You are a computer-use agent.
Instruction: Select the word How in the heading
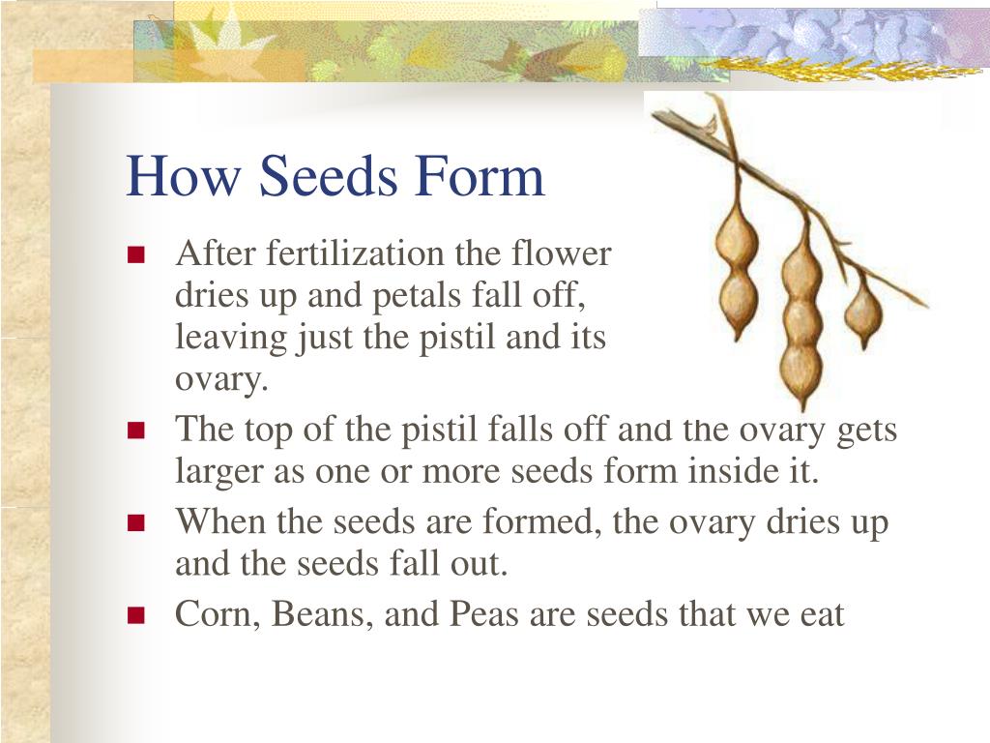pos(183,177)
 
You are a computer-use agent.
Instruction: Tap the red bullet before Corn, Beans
pos(135,615)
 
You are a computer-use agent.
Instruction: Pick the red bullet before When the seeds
pos(135,523)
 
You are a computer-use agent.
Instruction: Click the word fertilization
pos(357,254)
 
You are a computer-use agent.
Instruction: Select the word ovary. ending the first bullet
pos(219,381)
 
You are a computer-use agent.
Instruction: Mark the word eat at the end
pos(820,614)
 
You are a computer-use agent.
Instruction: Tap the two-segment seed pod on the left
pos(737,266)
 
